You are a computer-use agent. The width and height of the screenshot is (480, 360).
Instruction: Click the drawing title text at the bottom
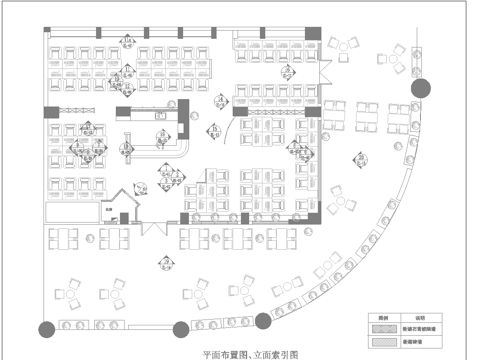(250, 353)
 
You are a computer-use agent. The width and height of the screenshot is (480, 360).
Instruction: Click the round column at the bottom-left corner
(46, 327)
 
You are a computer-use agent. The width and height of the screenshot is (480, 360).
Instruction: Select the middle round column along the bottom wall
(181, 327)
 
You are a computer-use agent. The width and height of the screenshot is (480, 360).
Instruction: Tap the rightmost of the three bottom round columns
(262, 320)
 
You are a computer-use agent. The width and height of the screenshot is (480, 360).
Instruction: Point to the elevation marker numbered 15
(215, 131)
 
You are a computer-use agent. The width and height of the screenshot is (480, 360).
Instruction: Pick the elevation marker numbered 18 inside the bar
(127, 150)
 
